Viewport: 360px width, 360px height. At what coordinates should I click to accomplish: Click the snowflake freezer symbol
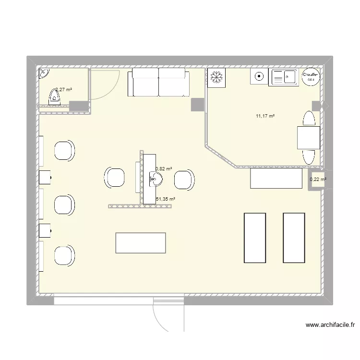click(216, 78)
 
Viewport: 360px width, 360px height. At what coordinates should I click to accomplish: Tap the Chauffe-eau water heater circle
click(310, 77)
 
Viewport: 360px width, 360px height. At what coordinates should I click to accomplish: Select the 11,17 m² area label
click(265, 116)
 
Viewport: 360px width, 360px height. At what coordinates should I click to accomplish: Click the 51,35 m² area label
click(165, 199)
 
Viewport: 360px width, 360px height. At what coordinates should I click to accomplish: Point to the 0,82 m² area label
click(164, 169)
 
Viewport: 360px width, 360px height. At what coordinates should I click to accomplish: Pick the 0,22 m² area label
click(318, 180)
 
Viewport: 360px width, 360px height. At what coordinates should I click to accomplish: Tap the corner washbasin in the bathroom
click(44, 72)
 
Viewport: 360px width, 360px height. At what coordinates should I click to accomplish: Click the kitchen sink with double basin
click(284, 77)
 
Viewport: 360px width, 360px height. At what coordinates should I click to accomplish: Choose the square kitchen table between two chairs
click(308, 138)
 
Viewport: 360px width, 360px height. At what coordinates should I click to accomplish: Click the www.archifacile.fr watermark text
click(330, 325)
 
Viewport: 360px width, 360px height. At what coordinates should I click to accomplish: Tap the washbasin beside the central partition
click(156, 180)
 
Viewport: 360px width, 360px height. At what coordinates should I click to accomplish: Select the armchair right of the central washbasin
click(184, 179)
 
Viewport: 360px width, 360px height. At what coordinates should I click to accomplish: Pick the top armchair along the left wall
click(64, 150)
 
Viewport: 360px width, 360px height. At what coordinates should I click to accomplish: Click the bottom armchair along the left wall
click(64, 255)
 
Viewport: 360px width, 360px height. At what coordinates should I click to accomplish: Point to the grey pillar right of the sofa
click(197, 105)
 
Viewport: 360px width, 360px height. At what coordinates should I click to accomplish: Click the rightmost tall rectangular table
click(294, 238)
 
